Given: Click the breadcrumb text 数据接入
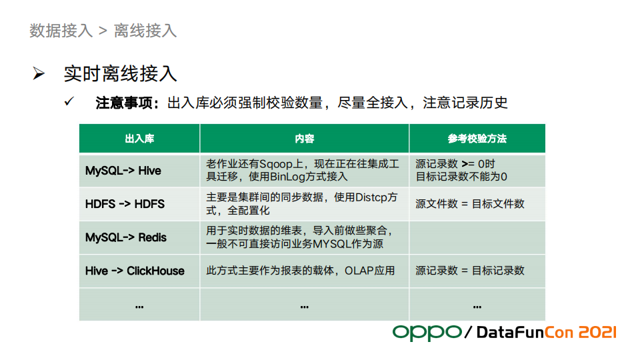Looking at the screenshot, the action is click(x=61, y=31).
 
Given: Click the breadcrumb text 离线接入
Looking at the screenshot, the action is click(x=145, y=31).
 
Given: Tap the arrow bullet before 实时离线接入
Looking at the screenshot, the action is click(x=39, y=73).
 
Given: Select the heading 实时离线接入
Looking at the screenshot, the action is click(x=121, y=74).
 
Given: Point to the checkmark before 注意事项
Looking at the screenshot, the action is click(x=69, y=101).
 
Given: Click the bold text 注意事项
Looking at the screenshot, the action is click(x=124, y=103).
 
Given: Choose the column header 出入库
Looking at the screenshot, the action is click(x=139, y=139).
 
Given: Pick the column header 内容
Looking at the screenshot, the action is click(x=305, y=139).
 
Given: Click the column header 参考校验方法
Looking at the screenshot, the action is click(x=477, y=139).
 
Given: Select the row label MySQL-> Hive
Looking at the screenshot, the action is click(x=123, y=171).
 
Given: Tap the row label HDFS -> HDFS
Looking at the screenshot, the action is click(x=125, y=204).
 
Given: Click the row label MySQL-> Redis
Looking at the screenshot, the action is click(x=126, y=237).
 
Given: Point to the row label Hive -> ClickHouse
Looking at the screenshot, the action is click(x=135, y=271).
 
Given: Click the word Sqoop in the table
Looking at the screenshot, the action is click(x=275, y=165).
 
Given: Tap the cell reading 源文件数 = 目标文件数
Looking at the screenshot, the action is click(x=470, y=204).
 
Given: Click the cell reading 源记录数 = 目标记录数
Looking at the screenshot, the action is click(x=470, y=271).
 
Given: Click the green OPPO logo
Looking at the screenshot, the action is click(x=427, y=333).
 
